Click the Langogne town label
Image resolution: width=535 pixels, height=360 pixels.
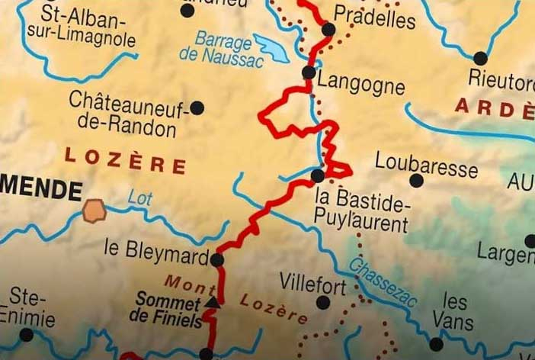point(360,83)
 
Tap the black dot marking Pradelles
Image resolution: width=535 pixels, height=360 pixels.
point(328,30)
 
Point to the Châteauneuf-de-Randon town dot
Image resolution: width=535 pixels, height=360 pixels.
point(197,108)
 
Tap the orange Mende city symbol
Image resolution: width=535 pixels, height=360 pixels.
point(94,210)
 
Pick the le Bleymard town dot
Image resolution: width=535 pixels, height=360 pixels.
point(217,260)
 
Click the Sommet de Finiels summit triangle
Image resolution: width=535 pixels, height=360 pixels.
point(213,304)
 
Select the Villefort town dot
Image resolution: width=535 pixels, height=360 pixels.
point(323,303)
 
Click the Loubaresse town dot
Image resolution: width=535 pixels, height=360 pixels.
point(416,181)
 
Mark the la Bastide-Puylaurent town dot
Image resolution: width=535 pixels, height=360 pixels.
point(318,176)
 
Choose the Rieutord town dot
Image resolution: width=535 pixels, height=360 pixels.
point(480,58)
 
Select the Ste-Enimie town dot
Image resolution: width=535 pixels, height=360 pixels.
point(27,335)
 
